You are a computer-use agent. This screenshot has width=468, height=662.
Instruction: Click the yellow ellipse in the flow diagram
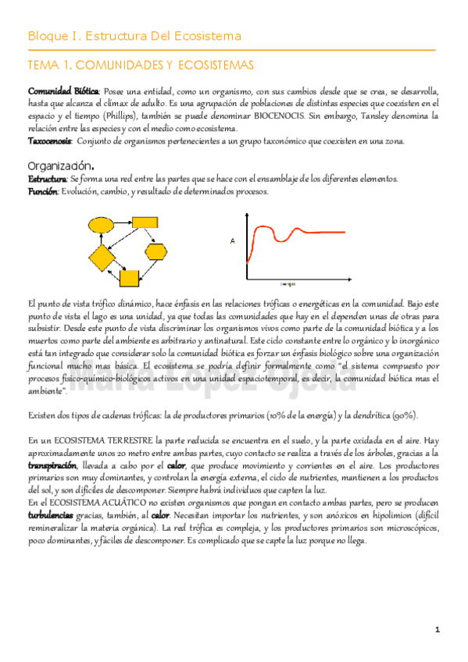[x=102, y=225]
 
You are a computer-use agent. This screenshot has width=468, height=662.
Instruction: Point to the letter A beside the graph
[x=232, y=242]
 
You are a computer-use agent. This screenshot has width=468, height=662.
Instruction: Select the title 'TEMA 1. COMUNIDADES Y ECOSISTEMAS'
[x=140, y=64]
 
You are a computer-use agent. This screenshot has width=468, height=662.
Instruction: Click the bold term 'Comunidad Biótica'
[x=63, y=91]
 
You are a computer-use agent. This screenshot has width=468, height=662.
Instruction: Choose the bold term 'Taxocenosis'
[x=50, y=141]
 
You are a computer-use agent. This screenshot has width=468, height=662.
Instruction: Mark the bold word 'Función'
[x=42, y=191]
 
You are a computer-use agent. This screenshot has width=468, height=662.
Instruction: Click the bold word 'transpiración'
[x=52, y=465]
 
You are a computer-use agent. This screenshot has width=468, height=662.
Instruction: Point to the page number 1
[x=438, y=629]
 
